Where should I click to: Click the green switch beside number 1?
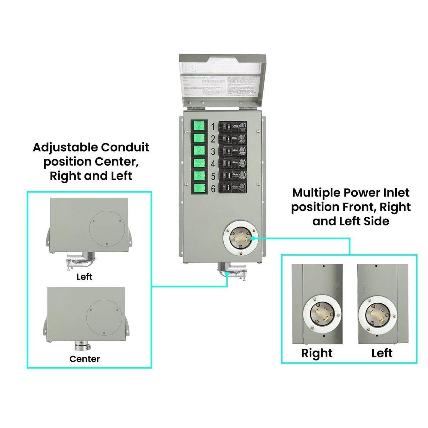point(199,127)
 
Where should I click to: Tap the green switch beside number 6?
point(199,188)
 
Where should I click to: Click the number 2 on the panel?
point(213,139)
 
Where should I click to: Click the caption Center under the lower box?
point(85,359)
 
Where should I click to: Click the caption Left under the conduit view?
point(85,276)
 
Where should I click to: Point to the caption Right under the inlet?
point(317,353)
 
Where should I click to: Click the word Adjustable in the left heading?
point(65,147)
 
